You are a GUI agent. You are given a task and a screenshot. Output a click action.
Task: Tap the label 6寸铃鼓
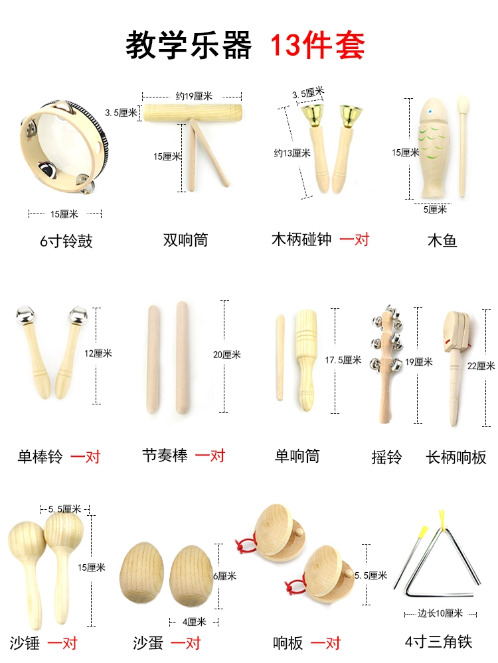point(66,241)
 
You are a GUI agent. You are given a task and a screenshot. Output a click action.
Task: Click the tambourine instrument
point(64,146)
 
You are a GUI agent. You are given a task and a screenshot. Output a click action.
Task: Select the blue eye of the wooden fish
point(431,113)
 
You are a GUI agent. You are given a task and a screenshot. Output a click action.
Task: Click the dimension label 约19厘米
point(194,96)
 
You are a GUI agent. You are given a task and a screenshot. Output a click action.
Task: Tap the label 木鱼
point(442,241)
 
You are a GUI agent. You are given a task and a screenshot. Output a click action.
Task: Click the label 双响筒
point(185,240)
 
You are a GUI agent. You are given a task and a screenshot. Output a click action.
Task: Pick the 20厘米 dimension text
point(226,355)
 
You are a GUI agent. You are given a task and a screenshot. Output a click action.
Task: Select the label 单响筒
point(297,456)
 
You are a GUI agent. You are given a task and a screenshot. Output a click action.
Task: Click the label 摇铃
point(386,457)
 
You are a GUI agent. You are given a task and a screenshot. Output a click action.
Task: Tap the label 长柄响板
point(456,457)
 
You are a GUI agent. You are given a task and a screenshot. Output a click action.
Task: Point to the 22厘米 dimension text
point(481,366)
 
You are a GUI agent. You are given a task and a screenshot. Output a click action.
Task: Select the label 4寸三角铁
point(438,642)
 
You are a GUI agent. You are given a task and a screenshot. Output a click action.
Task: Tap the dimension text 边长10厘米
point(440,613)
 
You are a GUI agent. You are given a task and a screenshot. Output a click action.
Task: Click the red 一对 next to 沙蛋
point(186,643)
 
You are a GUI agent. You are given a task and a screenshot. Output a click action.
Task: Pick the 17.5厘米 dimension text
point(343,360)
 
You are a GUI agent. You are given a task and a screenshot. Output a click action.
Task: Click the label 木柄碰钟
point(301,239)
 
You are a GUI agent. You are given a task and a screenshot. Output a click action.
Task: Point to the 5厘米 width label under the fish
point(435,209)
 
